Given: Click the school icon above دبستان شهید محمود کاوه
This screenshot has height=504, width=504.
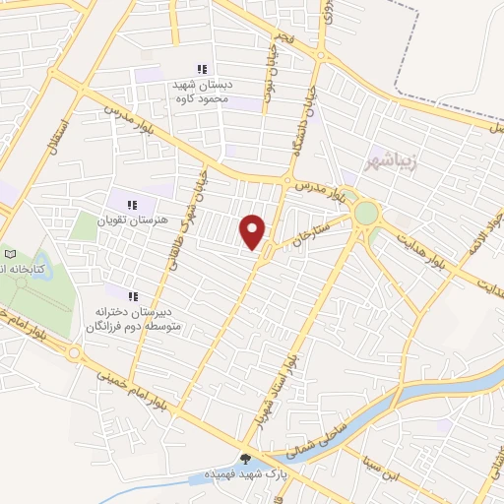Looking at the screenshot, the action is pyautogui.click(x=202, y=69).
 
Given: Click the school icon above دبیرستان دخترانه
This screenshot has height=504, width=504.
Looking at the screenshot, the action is pyautogui.click(x=134, y=293).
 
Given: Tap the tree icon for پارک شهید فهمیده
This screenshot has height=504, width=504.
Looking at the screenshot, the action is pyautogui.click(x=244, y=457).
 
